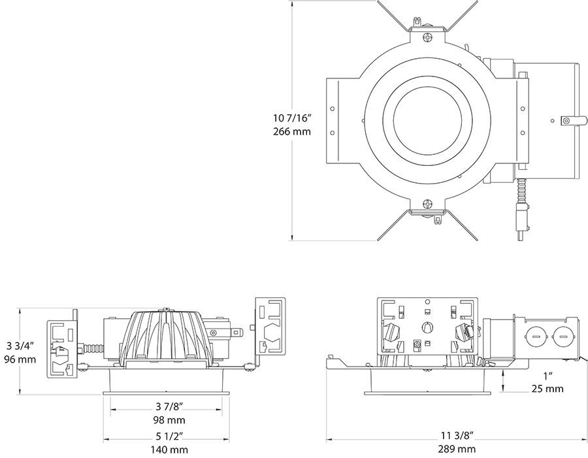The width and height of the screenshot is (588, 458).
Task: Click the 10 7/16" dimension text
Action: click(x=292, y=118)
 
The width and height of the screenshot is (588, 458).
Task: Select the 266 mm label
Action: click(x=292, y=131)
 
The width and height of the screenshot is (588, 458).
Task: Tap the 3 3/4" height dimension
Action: click(x=21, y=346)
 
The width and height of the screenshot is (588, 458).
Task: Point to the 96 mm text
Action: click(x=21, y=359)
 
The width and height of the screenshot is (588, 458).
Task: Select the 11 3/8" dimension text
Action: click(x=457, y=435)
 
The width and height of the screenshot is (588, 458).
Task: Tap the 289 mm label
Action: click(x=457, y=449)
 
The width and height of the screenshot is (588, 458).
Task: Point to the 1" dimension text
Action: click(x=547, y=376)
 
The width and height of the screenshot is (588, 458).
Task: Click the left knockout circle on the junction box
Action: click(x=534, y=339)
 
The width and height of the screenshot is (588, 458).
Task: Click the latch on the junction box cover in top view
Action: click(x=570, y=120)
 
